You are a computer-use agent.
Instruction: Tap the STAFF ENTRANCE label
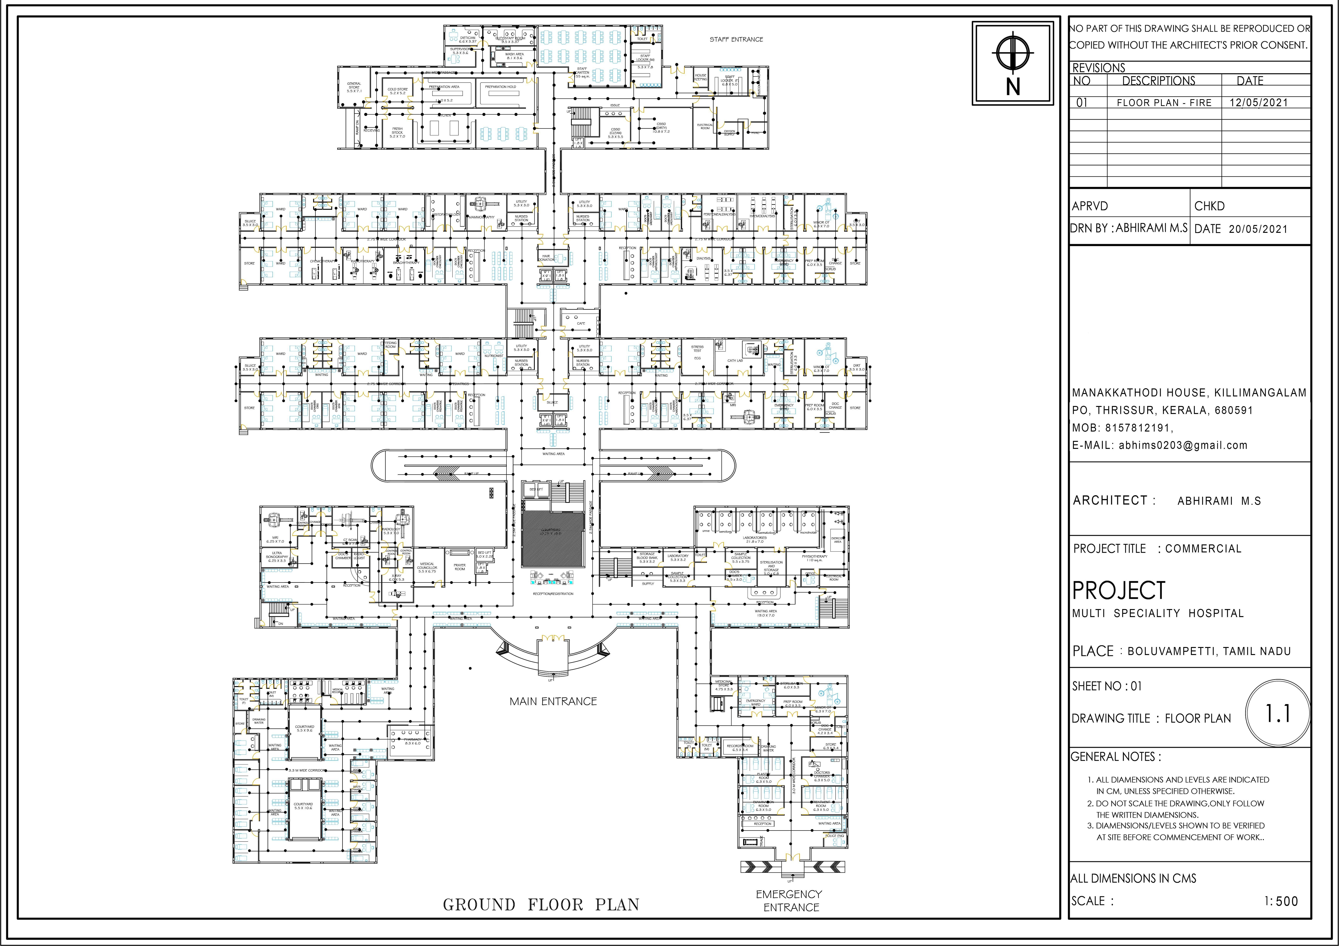[x=736, y=40]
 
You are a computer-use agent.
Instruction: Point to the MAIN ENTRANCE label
[x=553, y=701]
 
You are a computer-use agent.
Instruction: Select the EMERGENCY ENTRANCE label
[x=789, y=901]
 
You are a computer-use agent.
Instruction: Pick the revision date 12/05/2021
[x=1258, y=103]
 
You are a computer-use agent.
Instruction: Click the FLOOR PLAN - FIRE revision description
[x=1164, y=103]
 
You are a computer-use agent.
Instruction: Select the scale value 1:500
[x=1281, y=901]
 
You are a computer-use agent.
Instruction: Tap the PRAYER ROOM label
[x=460, y=567]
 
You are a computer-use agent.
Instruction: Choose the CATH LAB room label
[x=735, y=361]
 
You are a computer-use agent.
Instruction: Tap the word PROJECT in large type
[x=1119, y=590]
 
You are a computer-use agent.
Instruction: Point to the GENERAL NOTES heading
[x=1116, y=757]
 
